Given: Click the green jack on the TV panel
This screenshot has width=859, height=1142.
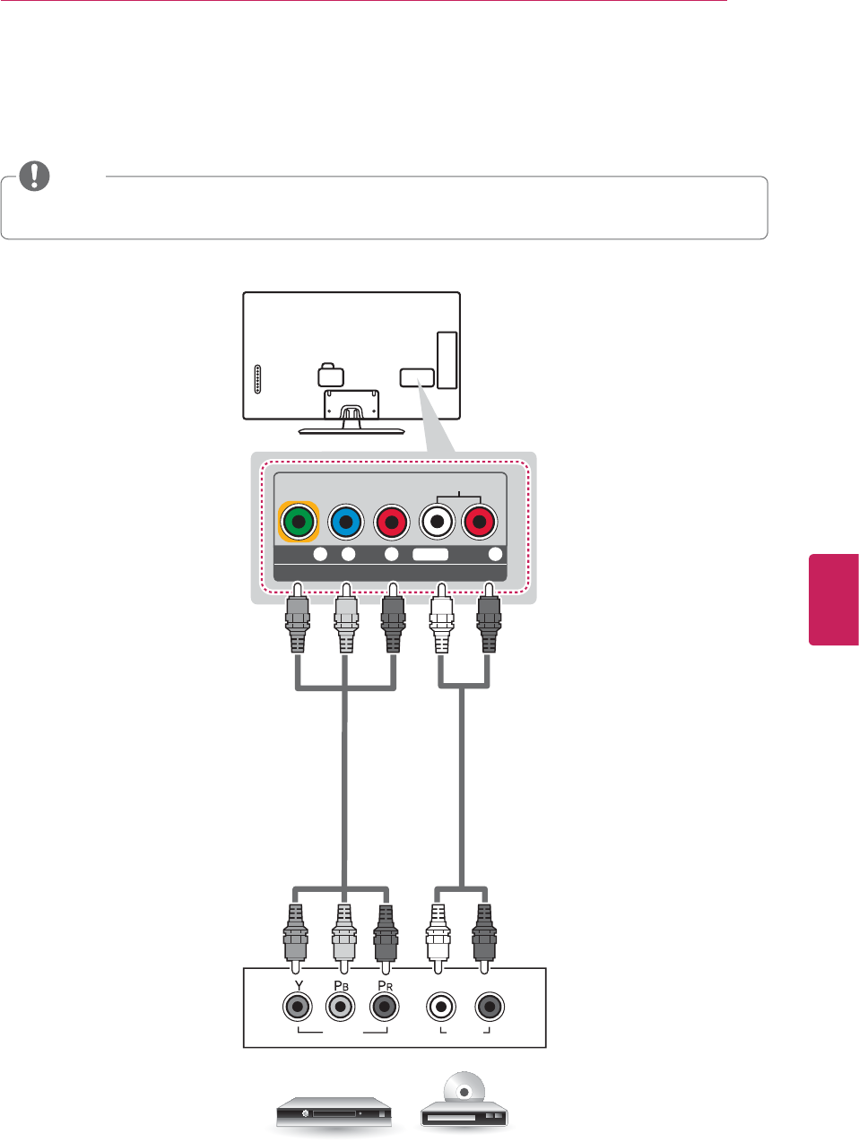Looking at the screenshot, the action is coord(299,521).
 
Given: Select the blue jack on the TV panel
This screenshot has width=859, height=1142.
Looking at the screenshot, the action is coord(345,521).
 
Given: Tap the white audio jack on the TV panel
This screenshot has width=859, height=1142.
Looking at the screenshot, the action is coord(437,521).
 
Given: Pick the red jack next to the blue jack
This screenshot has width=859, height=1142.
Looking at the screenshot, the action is coord(391,521).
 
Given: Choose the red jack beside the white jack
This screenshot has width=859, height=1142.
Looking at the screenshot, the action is coord(480,521).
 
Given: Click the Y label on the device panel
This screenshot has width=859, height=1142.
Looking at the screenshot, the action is coord(299,986).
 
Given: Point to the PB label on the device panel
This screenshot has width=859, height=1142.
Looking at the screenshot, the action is coord(340,986).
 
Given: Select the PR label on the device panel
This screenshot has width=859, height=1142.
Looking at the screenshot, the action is coord(384,986).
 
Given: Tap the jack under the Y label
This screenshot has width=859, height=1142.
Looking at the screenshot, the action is coord(298,1008).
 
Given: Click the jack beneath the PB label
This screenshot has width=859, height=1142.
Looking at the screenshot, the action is coord(340,1008).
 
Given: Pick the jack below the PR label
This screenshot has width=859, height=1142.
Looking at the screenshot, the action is coord(384,1008).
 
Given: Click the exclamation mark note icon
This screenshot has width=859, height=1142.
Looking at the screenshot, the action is coord(35,176).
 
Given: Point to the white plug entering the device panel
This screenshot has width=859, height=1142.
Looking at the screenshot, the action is coord(437,937).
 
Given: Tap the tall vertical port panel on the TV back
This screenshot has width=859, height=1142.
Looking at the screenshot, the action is coord(447,359).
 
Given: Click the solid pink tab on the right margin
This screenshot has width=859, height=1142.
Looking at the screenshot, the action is coord(834,599).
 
